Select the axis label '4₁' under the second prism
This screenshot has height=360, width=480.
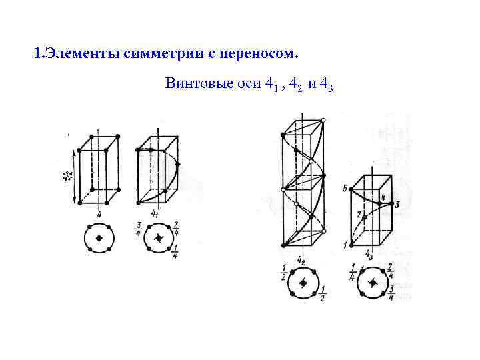(155, 213)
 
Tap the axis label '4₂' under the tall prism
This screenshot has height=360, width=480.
(301, 260)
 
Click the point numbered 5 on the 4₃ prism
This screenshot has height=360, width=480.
(345, 189)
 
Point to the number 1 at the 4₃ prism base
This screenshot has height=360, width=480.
(345, 245)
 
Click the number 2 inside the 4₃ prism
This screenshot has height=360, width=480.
(358, 215)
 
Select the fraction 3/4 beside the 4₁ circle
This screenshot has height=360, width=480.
(137, 229)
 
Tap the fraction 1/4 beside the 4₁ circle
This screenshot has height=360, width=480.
(175, 252)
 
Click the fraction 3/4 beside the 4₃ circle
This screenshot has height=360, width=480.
(391, 293)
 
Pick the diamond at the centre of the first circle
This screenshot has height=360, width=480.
(99, 238)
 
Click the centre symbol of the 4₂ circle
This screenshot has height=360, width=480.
(302, 283)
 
